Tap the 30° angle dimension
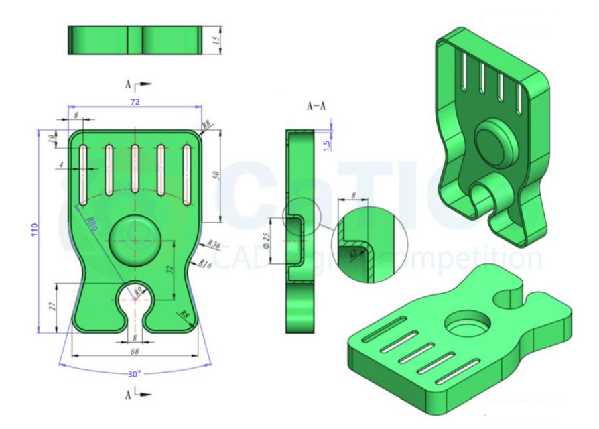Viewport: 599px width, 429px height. coord(134,373)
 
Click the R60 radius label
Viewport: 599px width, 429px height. coord(92,224)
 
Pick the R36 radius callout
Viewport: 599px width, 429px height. coord(214,245)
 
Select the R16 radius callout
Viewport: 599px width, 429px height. coord(206,263)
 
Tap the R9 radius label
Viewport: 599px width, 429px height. coord(138,291)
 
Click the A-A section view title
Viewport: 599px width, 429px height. coord(316,106)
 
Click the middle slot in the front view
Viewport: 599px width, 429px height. coord(135,173)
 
